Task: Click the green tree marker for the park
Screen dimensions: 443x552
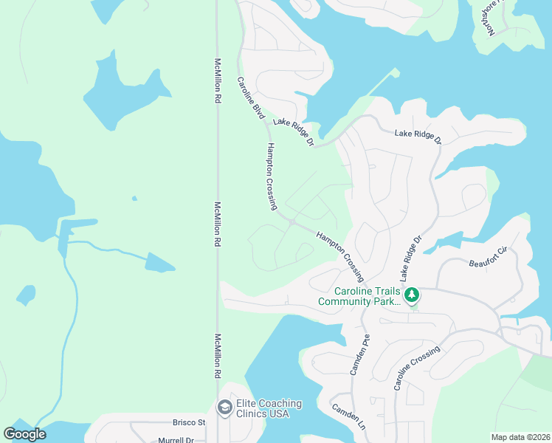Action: [x=412, y=296]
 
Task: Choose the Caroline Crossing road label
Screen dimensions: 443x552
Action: [x=417, y=367]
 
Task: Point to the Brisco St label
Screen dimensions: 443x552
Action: [x=189, y=422]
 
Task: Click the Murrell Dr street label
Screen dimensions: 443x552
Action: [x=176, y=440]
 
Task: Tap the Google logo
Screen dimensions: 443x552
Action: [x=24, y=434]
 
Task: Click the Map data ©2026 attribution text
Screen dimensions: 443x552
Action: [x=520, y=437]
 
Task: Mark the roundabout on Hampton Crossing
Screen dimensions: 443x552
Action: [x=293, y=221]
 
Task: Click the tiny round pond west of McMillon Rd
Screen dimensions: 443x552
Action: [x=134, y=198]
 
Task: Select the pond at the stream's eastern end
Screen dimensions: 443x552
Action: [x=159, y=262]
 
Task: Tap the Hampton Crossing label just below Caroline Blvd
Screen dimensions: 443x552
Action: [x=272, y=176]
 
